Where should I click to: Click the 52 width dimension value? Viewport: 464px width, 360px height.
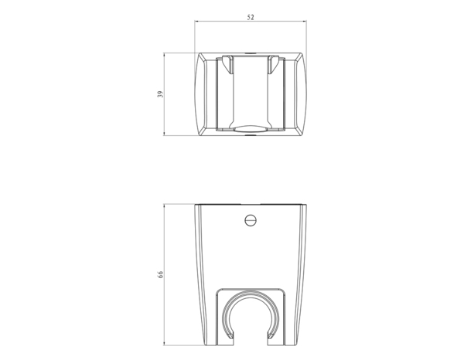click(251, 18)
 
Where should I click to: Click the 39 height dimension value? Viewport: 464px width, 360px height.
click(160, 94)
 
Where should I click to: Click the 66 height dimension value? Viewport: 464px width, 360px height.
click(160, 274)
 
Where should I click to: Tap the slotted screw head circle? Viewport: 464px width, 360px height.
click(251, 220)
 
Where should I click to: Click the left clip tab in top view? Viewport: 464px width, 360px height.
click(227, 64)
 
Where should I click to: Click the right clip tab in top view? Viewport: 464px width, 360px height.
click(274, 64)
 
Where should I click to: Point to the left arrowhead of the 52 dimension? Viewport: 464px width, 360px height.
click(196, 21)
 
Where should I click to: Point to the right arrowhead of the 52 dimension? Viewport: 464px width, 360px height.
click(305, 21)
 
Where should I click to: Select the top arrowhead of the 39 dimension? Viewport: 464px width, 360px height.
click(164, 55)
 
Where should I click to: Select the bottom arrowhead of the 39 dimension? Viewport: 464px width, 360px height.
click(164, 134)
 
